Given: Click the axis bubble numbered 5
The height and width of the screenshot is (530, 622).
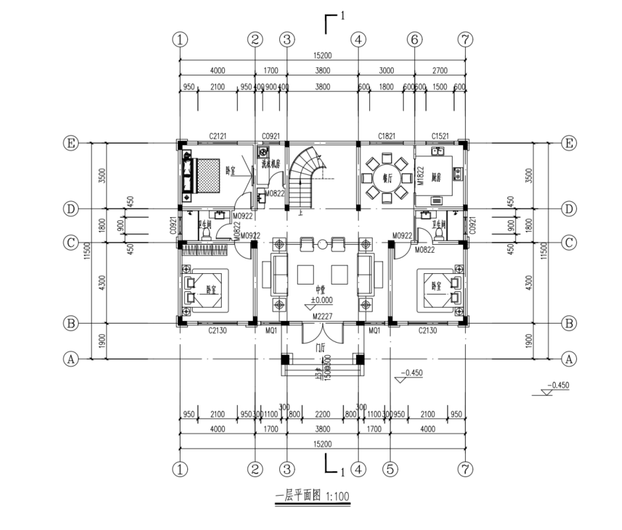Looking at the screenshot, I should pos(390,469).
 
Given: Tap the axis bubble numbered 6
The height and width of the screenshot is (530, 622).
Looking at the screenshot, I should pos(414,39).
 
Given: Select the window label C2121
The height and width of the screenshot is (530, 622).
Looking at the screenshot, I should pos(218,136).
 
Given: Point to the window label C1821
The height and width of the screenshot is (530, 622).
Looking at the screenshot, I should pos(386,136).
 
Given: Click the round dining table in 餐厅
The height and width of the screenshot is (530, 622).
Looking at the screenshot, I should pos(385,177).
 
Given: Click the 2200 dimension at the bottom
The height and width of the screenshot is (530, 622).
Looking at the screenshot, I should pos(322,415).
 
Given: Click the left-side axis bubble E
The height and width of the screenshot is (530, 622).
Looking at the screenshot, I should pos(69,143).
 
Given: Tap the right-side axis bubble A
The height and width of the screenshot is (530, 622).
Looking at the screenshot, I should pos(567,359).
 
